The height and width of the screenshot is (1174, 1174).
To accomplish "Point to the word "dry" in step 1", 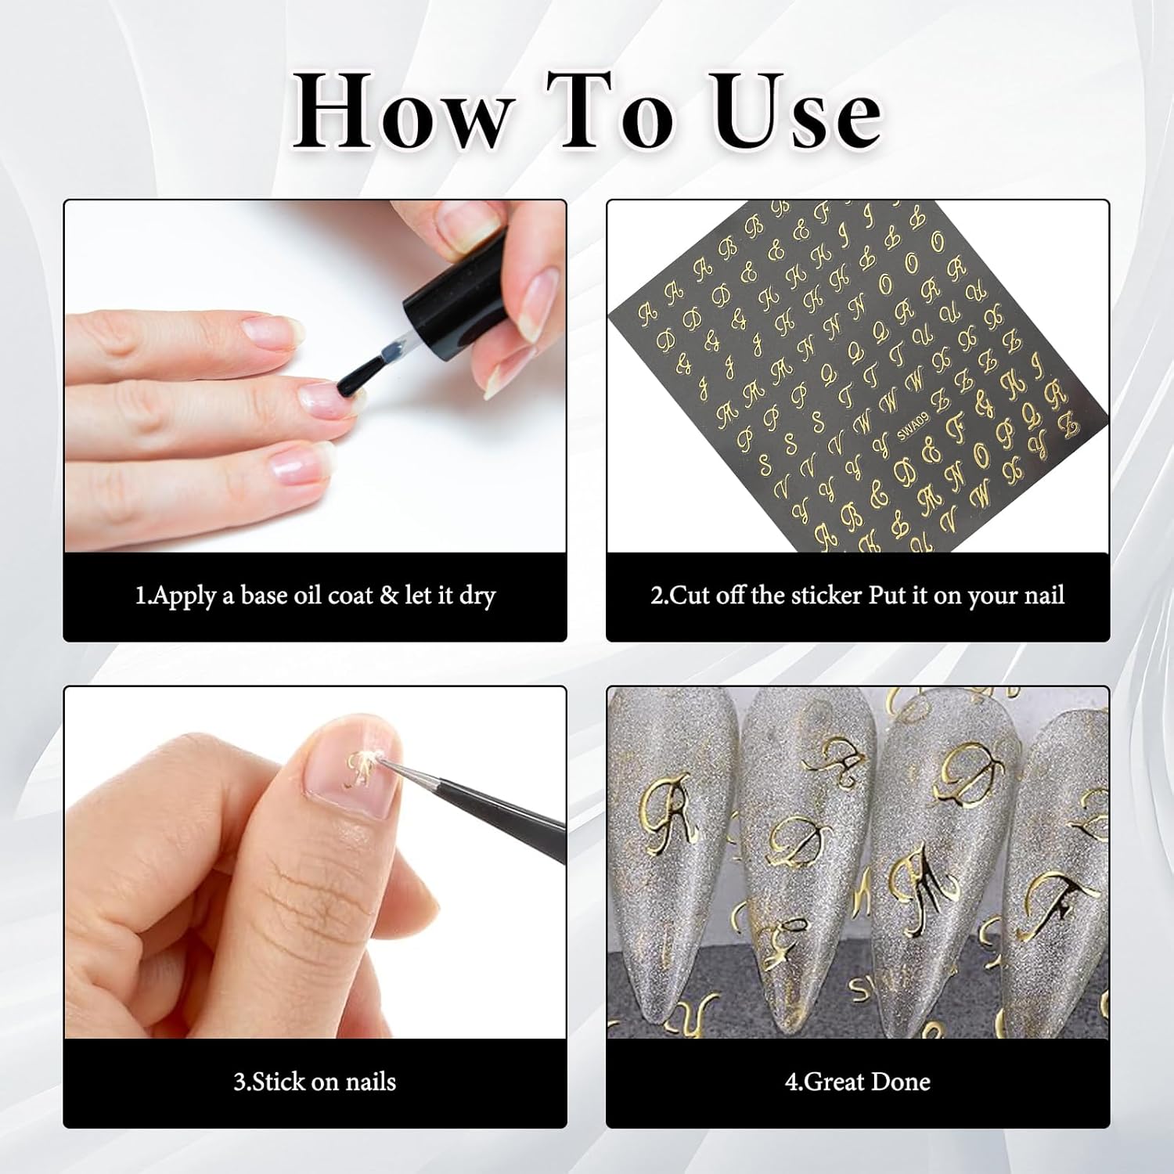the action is (477, 597).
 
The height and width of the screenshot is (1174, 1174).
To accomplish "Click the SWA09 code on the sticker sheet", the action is (913, 428).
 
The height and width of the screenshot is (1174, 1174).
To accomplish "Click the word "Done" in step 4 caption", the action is (901, 1082).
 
